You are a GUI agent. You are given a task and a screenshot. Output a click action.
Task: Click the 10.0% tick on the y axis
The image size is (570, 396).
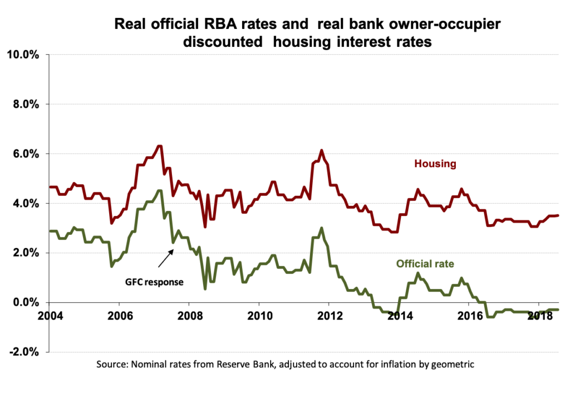click(22, 55)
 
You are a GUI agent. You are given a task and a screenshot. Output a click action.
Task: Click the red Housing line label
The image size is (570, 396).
click(435, 164)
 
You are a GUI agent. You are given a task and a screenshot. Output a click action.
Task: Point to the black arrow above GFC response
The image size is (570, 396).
click(166, 259)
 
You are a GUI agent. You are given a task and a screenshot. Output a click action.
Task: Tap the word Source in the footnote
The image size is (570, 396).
click(111, 365)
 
